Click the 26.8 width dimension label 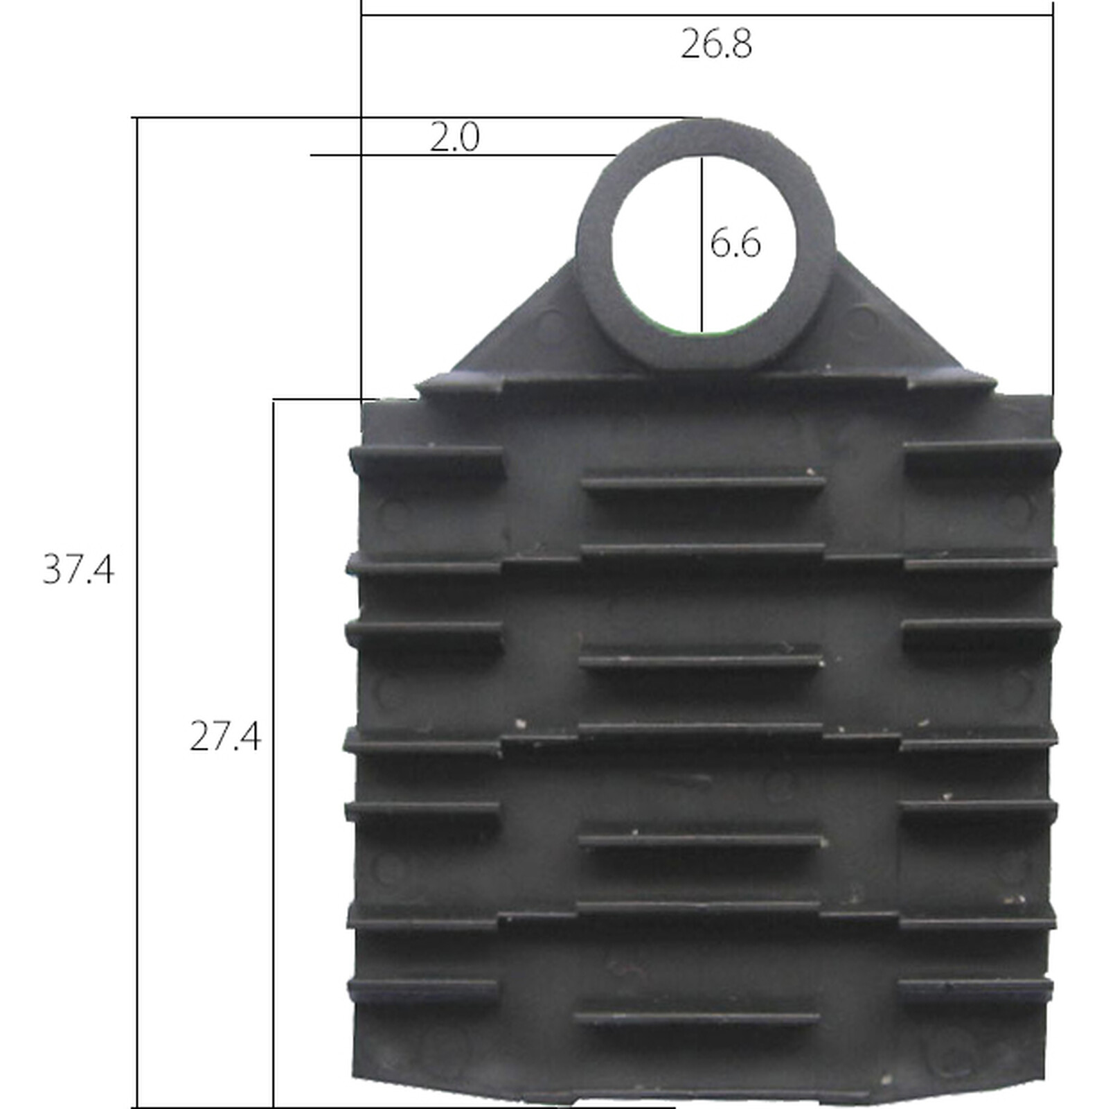point(715,44)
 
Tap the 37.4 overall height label point(78,570)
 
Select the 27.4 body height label point(225,736)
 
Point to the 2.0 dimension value point(454,137)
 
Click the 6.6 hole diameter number point(735,243)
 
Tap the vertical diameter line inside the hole point(701,291)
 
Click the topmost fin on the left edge point(426,457)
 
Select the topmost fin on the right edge point(980,454)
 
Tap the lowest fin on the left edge point(422,988)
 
